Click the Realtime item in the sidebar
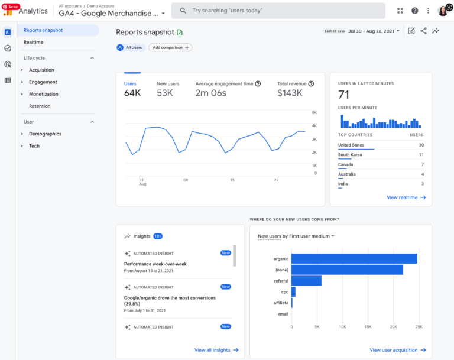[33, 42]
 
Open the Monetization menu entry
[44, 94]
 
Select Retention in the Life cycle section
[40, 106]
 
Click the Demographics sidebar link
[45, 134]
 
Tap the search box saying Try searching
[278, 11]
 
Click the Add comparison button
[170, 47]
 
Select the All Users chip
[130, 47]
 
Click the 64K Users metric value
[132, 93]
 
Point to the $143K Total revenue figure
[290, 93]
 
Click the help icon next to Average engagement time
[258, 84]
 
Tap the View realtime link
[406, 197]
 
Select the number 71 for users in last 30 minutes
[343, 95]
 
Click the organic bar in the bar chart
[354, 258]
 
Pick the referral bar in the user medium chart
[306, 281]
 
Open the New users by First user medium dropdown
[296, 236]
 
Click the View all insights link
[216, 350]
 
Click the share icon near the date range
[423, 31]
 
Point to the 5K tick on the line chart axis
[315, 112]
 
